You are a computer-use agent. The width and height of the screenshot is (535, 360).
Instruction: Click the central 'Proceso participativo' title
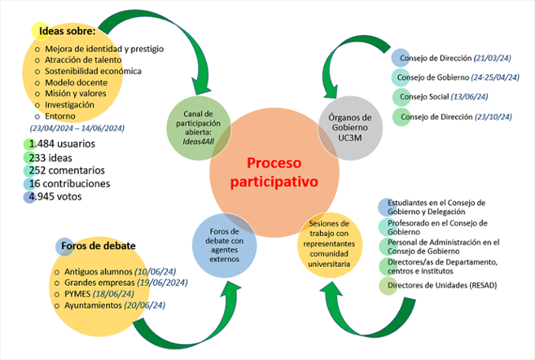283,173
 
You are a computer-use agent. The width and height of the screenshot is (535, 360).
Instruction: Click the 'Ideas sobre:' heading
67,31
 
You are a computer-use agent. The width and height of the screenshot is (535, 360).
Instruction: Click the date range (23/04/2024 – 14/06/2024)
77,128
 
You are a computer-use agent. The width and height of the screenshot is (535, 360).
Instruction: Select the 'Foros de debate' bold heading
99,246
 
